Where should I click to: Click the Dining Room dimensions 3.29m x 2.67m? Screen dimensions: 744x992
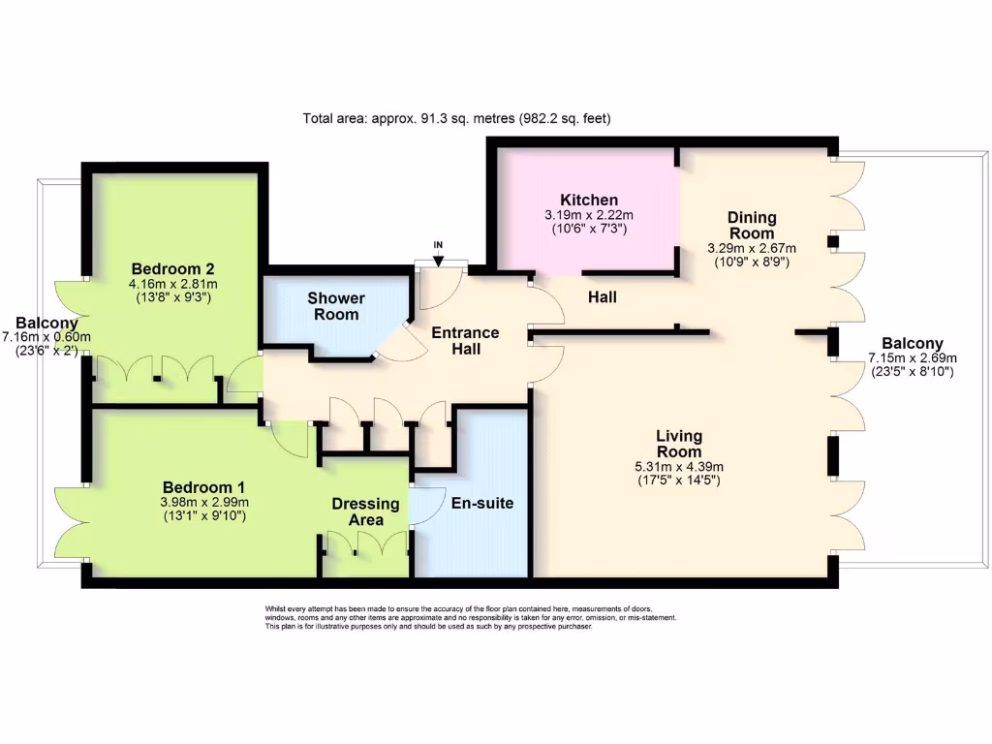(752, 248)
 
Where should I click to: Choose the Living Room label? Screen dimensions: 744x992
(678, 444)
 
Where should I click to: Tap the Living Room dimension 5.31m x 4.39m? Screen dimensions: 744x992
(678, 466)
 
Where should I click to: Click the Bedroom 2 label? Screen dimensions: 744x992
(173, 269)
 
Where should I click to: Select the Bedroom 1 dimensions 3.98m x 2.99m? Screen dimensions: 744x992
(204, 502)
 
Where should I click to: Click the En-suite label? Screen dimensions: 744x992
(482, 504)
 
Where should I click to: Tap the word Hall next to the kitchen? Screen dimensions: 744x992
(602, 296)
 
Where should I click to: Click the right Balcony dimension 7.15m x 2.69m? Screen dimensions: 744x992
(913, 358)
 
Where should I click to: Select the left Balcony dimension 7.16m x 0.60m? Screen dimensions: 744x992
(46, 337)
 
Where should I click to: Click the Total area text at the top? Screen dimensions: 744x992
(456, 118)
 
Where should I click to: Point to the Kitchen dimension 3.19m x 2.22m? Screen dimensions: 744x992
(588, 215)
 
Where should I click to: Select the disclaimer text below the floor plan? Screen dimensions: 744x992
(471, 617)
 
